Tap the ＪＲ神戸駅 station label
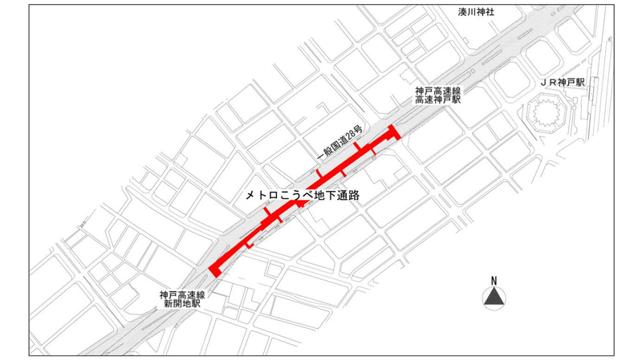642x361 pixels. (563, 83)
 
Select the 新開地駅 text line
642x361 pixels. (183, 305)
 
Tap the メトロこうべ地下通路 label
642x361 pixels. (301, 195)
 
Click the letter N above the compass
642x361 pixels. (494, 280)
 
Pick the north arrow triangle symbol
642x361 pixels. (494, 298)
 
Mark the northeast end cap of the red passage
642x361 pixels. (393, 132)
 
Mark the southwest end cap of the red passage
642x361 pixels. (213, 269)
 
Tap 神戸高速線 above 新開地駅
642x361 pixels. (183, 295)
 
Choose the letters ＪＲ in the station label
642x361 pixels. (547, 83)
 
